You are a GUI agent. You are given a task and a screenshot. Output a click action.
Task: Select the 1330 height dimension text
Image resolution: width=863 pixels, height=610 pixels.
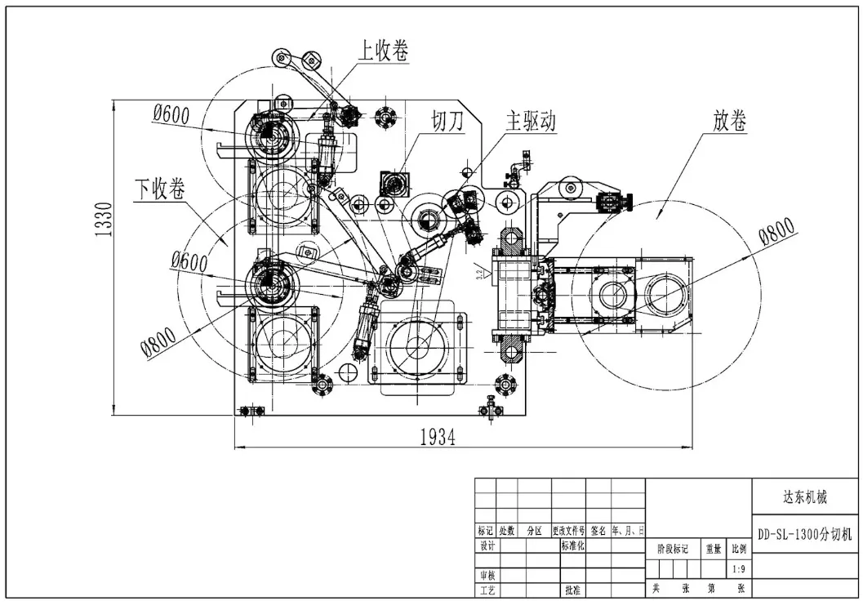pyautogui.click(x=104, y=220)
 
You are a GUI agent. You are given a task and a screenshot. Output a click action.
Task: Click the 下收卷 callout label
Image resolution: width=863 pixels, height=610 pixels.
pyautogui.click(x=159, y=189)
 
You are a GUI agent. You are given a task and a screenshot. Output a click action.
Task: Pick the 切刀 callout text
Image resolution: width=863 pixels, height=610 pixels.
pyautogui.click(x=447, y=122)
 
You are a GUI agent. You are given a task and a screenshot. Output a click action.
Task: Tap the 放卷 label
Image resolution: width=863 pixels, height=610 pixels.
pyautogui.click(x=730, y=122)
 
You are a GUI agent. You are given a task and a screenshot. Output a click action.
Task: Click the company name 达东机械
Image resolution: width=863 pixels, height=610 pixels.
pyautogui.click(x=805, y=496)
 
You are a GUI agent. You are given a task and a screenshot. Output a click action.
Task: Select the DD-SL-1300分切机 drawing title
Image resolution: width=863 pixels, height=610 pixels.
pyautogui.click(x=805, y=535)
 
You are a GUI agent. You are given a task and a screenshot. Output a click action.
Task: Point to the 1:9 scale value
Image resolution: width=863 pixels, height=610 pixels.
pyautogui.click(x=740, y=569)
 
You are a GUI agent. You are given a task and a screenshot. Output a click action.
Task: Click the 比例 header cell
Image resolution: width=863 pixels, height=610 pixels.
pyautogui.click(x=740, y=550)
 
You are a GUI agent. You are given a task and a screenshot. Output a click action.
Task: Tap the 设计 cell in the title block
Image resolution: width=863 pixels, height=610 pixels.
pyautogui.click(x=487, y=545)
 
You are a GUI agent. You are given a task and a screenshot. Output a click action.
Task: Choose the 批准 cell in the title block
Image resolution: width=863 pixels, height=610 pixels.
pyautogui.click(x=572, y=590)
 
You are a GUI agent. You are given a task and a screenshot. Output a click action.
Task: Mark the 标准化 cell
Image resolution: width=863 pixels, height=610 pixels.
pyautogui.click(x=572, y=545)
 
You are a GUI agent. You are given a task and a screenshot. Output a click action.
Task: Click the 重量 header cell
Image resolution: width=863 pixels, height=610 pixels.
pyautogui.click(x=713, y=550)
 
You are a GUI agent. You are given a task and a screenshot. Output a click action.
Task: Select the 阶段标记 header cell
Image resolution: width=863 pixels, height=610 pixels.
pyautogui.click(x=674, y=550)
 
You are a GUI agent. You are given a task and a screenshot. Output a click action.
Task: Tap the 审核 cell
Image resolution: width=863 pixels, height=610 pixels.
pyautogui.click(x=487, y=575)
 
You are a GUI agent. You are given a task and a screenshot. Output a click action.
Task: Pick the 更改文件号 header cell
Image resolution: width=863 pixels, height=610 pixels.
pyautogui.click(x=568, y=531)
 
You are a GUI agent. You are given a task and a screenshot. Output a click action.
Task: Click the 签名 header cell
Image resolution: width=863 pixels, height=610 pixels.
pyautogui.click(x=598, y=531)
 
